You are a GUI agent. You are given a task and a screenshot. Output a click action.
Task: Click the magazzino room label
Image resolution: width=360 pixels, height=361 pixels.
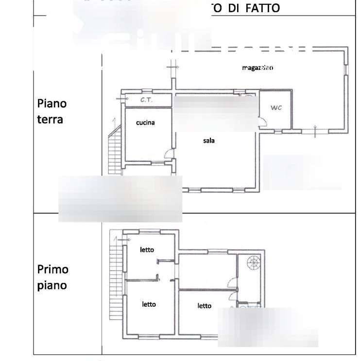pos(257,68)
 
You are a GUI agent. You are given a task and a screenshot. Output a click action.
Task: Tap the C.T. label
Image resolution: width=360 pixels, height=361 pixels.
pos(144,100)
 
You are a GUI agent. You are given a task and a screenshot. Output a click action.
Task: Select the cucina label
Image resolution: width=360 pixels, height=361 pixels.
pos(145,123)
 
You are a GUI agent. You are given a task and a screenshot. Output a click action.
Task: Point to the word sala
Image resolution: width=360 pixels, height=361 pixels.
pos(209,141)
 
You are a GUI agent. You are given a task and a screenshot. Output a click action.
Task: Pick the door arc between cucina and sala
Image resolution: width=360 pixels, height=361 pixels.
pos(170,154)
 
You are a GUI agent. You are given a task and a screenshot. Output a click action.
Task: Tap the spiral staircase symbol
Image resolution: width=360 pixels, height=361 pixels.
pos(253,264)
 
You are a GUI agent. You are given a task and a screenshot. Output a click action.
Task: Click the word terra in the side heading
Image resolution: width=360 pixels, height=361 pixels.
pos(50,119)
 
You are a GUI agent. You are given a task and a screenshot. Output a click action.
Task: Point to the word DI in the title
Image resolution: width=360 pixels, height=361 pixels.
pos(234,9)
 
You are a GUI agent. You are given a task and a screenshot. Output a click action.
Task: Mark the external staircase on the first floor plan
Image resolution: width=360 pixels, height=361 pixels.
pos(115,277)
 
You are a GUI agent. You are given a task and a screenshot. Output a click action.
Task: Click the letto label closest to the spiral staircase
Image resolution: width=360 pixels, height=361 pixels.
pos(205,306)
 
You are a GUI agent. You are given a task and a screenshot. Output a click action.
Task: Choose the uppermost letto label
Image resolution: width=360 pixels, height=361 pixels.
pos(147,250)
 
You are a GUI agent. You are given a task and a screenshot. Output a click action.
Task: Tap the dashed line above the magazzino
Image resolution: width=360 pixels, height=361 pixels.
pos(262,49)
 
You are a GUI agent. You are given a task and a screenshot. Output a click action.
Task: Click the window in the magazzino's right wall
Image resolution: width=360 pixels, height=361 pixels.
pos(346,68)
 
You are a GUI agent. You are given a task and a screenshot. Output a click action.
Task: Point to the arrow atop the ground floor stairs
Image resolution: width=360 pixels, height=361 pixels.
pos(113,120)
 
